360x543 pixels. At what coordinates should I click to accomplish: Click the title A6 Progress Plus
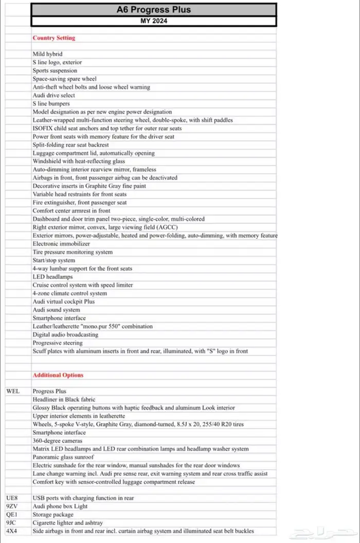[154, 9]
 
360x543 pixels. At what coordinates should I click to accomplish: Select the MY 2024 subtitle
[154, 21]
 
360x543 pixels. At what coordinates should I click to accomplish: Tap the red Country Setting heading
[53, 38]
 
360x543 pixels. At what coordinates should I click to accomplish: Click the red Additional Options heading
[58, 375]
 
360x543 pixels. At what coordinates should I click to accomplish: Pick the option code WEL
[13, 391]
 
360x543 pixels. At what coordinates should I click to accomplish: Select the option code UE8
[12, 498]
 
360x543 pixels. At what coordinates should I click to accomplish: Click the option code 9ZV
[12, 506]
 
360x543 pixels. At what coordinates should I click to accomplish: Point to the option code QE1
[11, 515]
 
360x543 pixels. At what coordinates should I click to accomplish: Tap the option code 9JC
[11, 523]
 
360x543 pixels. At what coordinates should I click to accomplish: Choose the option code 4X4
[11, 531]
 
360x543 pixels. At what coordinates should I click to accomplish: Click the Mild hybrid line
[47, 54]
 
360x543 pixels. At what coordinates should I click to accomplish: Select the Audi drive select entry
[53, 95]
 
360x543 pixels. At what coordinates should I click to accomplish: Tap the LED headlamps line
[52, 277]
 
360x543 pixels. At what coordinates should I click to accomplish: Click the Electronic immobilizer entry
[58, 243]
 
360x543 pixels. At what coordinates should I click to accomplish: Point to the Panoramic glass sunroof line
[63, 457]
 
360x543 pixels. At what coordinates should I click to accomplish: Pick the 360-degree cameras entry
[57, 441]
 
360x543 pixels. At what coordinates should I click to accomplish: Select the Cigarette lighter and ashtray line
[67, 523]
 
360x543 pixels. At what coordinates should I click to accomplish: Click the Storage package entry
[53, 515]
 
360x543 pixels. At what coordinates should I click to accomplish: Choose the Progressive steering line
[57, 343]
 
